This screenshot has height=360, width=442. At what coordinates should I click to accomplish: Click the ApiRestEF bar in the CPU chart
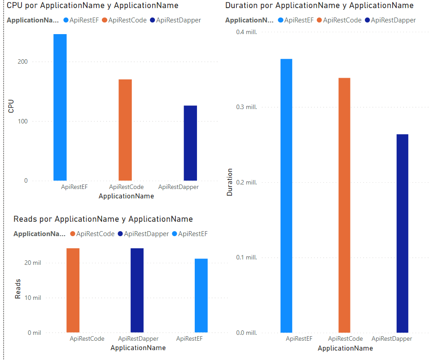[60, 107]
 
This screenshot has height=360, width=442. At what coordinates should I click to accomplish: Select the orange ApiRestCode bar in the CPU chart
[125, 130]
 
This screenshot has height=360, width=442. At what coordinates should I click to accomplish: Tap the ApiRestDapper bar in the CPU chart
[190, 143]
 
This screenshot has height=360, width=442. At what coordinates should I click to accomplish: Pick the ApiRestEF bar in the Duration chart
[286, 196]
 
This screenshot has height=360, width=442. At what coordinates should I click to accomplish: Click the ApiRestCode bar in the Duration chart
[344, 205]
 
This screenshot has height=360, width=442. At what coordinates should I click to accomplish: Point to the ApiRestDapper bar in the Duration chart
[403, 233]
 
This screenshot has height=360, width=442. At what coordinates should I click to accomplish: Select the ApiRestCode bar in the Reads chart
[73, 290]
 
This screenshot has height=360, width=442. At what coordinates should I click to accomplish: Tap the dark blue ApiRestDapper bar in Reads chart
[137, 290]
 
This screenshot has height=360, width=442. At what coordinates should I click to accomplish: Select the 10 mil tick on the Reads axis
[33, 298]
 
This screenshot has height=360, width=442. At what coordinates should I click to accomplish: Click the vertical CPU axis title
[11, 106]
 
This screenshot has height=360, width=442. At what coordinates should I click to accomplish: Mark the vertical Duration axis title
[230, 182]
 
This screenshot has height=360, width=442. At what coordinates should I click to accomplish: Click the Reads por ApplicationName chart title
[103, 219]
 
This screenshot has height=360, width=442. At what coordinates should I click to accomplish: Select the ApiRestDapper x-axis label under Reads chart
[138, 339]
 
